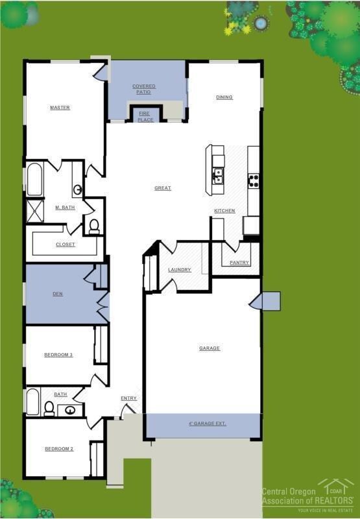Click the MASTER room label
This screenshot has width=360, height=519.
(x=60, y=108)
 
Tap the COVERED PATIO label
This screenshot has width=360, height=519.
(x=143, y=90)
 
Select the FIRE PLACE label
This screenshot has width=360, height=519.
(x=145, y=117)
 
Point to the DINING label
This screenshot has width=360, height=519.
(x=224, y=97)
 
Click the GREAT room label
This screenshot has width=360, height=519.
(x=163, y=188)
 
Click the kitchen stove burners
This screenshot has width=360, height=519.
(x=254, y=181)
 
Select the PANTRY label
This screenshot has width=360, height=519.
(x=239, y=263)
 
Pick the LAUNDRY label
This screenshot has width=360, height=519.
(x=179, y=270)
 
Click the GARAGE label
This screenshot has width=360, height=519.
(x=210, y=348)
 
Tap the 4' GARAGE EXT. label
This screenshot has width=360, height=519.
(x=208, y=424)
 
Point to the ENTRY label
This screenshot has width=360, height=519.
(x=128, y=398)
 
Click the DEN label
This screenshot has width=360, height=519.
(x=58, y=293)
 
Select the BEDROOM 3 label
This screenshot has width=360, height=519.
(x=58, y=355)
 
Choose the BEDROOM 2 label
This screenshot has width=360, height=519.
(x=58, y=449)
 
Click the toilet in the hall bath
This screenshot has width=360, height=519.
(x=49, y=408)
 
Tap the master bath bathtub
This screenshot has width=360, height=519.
(x=34, y=180)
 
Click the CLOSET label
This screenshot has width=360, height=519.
(x=66, y=245)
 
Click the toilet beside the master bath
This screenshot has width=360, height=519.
(x=94, y=226)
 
